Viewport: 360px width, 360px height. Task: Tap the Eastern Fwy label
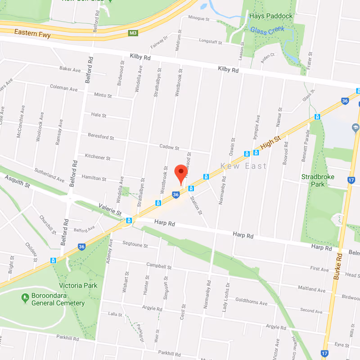pyautogui.click(x=32, y=33)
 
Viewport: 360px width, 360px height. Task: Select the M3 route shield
pyautogui.click(x=132, y=33)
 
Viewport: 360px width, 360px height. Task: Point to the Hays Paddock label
pyautogui.click(x=271, y=16)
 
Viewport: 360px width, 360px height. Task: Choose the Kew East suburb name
pyautogui.click(x=243, y=166)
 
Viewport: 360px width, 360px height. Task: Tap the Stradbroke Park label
pyautogui.click(x=318, y=180)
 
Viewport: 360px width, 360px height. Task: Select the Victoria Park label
pyautogui.click(x=78, y=285)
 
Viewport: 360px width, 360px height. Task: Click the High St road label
pyautogui.click(x=270, y=144)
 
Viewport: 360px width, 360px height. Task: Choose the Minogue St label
pyautogui.click(x=199, y=19)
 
